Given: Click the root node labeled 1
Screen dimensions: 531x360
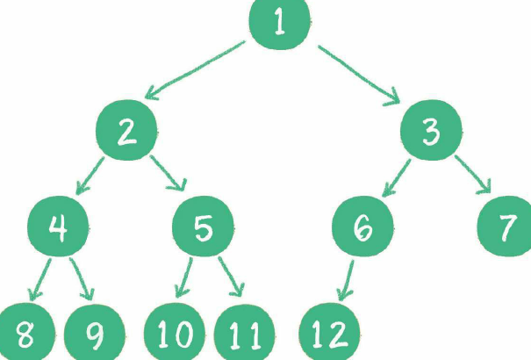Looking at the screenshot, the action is (x=280, y=22).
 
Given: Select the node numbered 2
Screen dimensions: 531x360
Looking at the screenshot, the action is (x=127, y=133).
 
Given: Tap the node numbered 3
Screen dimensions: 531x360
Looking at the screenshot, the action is (x=430, y=133).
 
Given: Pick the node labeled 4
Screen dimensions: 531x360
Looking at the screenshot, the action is (x=58, y=228).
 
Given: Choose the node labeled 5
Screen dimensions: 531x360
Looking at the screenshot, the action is (x=203, y=228).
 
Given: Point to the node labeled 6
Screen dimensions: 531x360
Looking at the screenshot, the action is (x=362, y=228).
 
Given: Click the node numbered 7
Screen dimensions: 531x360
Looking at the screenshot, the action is (x=506, y=228).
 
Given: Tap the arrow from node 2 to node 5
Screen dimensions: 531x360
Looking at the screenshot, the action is (x=167, y=175).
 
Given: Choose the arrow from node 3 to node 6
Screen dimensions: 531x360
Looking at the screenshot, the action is (x=395, y=176).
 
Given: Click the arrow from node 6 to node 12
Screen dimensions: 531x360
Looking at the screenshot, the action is (x=346, y=280).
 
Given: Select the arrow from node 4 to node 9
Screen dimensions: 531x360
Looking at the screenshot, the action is (x=81, y=278).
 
